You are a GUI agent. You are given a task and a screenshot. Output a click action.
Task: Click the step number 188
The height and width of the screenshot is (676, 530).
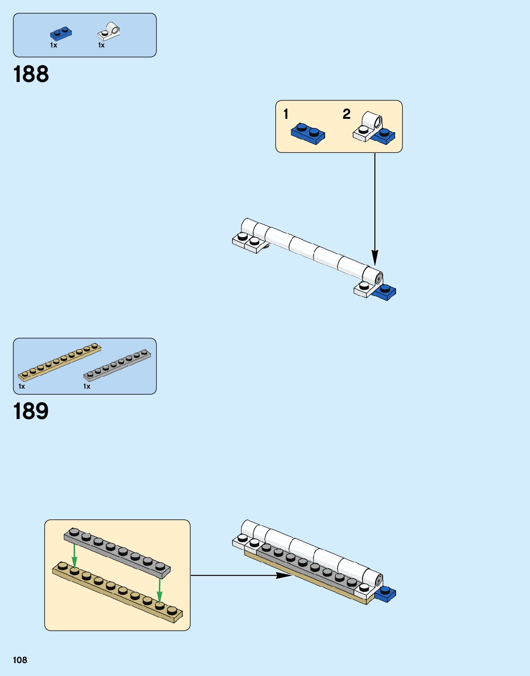pos(31,74)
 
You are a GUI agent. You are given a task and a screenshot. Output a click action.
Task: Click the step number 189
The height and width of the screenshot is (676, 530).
pos(31,411)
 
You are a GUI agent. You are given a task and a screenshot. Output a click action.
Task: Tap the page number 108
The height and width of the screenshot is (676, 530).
pos(20,660)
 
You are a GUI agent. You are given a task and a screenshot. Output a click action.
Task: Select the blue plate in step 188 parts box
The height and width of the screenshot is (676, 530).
pos(61,34)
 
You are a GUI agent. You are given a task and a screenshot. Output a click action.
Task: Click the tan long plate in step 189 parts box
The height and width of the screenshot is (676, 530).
pos(59,361)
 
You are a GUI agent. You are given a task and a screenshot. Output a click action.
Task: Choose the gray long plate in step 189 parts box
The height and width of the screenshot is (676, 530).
pos(117,365)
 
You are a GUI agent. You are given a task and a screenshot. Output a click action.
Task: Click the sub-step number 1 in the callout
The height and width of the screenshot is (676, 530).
pos(286,114)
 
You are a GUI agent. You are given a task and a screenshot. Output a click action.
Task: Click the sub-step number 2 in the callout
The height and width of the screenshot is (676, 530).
pos(347,114)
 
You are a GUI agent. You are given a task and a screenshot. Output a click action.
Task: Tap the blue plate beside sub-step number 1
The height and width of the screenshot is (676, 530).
pos(308,134)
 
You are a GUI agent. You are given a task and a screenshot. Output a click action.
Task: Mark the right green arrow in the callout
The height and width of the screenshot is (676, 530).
pos(159,590)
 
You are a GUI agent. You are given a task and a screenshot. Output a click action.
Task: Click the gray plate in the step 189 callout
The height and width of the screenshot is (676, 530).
pos(117,553)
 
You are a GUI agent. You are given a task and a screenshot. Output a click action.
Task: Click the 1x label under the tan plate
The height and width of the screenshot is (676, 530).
pos(22,386)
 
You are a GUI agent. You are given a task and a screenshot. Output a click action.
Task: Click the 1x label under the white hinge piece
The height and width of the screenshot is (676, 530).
pos(101,45)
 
